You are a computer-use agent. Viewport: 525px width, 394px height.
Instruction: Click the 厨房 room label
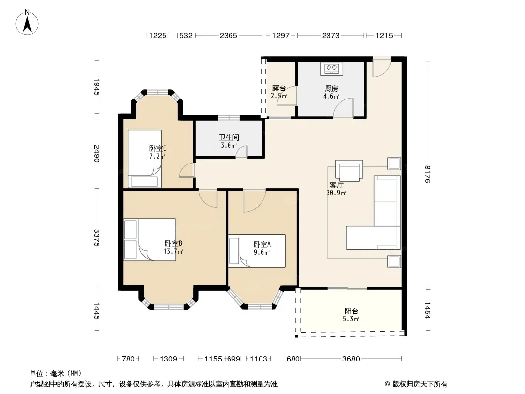[x=331, y=88]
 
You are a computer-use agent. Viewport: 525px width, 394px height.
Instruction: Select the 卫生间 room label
[x=229, y=137]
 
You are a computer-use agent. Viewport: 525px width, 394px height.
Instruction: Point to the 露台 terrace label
[x=279, y=88]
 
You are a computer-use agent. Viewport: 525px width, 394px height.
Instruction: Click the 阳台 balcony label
[x=351, y=311]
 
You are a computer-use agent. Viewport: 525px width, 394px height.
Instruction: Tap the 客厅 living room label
[x=336, y=185]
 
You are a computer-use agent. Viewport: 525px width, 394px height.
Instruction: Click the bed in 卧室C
[x=144, y=158]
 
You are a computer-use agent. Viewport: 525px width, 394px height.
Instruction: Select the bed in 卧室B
[x=150, y=239]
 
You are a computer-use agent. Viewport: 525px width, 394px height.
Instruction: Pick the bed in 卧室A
[x=257, y=251]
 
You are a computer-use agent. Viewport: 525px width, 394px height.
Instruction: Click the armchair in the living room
[x=349, y=170]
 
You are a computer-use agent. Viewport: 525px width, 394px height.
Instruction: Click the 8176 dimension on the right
[x=427, y=174]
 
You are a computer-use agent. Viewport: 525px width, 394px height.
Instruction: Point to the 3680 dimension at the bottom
[x=351, y=359]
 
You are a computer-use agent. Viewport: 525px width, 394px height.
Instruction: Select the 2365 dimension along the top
[x=229, y=35]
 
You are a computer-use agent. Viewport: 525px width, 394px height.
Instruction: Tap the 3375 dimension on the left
[x=97, y=238]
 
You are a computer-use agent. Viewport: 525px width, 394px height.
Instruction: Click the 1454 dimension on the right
[x=427, y=310]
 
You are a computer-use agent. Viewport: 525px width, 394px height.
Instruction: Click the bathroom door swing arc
[x=241, y=150]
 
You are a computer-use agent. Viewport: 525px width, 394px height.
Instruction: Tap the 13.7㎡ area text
[x=173, y=251]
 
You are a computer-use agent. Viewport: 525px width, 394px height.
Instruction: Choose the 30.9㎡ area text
[x=336, y=193]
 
